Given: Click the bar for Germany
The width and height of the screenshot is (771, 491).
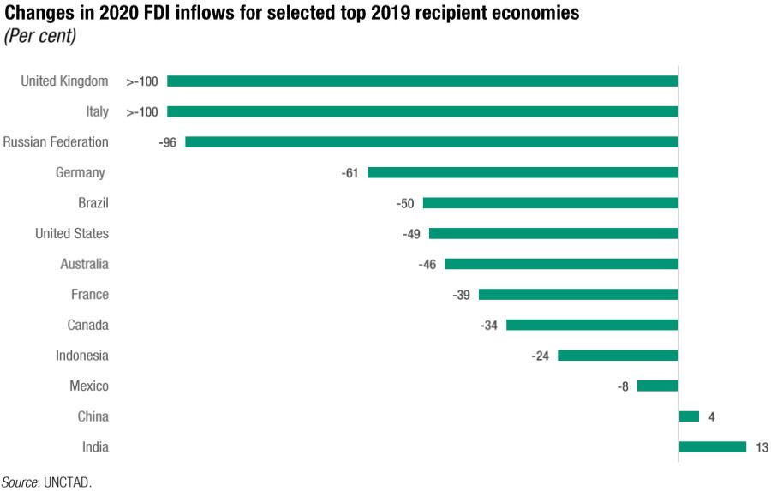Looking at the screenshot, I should (x=523, y=172).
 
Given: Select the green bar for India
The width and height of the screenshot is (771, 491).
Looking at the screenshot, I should (x=712, y=446).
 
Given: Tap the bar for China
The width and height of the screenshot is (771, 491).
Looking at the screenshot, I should (x=689, y=416).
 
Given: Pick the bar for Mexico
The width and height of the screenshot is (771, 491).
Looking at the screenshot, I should (x=657, y=386).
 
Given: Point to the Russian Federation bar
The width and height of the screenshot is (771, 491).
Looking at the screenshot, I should (x=431, y=142).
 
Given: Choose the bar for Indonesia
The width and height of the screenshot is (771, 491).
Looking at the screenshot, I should (x=618, y=355).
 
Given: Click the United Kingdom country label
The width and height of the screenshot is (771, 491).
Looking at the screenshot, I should (x=64, y=81).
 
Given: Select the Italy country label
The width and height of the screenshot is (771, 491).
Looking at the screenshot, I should (x=97, y=111).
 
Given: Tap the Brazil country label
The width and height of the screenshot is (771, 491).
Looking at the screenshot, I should (x=93, y=203).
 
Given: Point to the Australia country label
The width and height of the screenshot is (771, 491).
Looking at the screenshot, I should (x=84, y=264).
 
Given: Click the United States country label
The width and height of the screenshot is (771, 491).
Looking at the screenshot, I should (x=72, y=233).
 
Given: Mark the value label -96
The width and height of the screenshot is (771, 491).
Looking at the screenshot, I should (x=167, y=142).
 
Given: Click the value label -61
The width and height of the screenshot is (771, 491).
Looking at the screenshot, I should (x=350, y=172).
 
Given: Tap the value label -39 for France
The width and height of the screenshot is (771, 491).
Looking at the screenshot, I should (x=461, y=294).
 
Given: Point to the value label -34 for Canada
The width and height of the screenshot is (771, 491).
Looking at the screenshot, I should (x=488, y=325).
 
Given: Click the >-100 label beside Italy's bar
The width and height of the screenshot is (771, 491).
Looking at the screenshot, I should (x=142, y=111).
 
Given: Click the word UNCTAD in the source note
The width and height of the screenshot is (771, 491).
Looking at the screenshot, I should (x=69, y=482).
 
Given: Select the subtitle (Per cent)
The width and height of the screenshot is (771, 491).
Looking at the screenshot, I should (x=40, y=36).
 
